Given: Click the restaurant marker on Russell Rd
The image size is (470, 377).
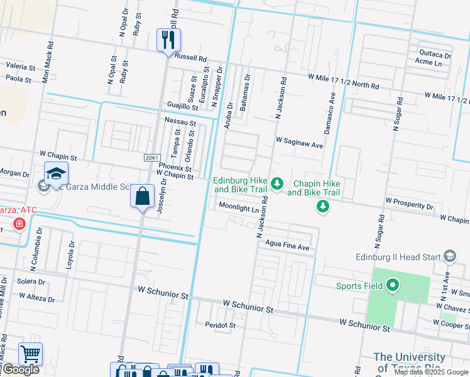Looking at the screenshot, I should pyautogui.click(x=168, y=40).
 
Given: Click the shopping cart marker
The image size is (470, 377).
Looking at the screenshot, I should pyautogui.click(x=30, y=354).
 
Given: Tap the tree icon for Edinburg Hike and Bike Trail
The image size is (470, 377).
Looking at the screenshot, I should pyautogui.click(x=276, y=184).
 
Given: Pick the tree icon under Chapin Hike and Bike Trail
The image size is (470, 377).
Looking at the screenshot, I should pyautogui.click(x=323, y=206).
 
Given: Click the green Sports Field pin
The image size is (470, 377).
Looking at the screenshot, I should pyautogui.click(x=393, y=287).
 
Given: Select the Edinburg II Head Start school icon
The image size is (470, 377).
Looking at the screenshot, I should pyautogui.click(x=449, y=256).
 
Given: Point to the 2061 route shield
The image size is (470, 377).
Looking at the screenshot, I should pyautogui.click(x=151, y=157).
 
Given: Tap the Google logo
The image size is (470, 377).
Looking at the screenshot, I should pyautogui.click(x=20, y=369).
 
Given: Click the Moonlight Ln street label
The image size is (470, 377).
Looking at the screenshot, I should pyautogui.click(x=239, y=207).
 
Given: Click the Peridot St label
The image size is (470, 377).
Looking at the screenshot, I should pyautogui.click(x=220, y=325).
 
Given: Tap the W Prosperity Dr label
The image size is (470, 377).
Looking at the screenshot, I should pyautogui.click(x=410, y=206).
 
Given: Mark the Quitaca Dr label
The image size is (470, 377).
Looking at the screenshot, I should pyautogui.click(x=429, y=53).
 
